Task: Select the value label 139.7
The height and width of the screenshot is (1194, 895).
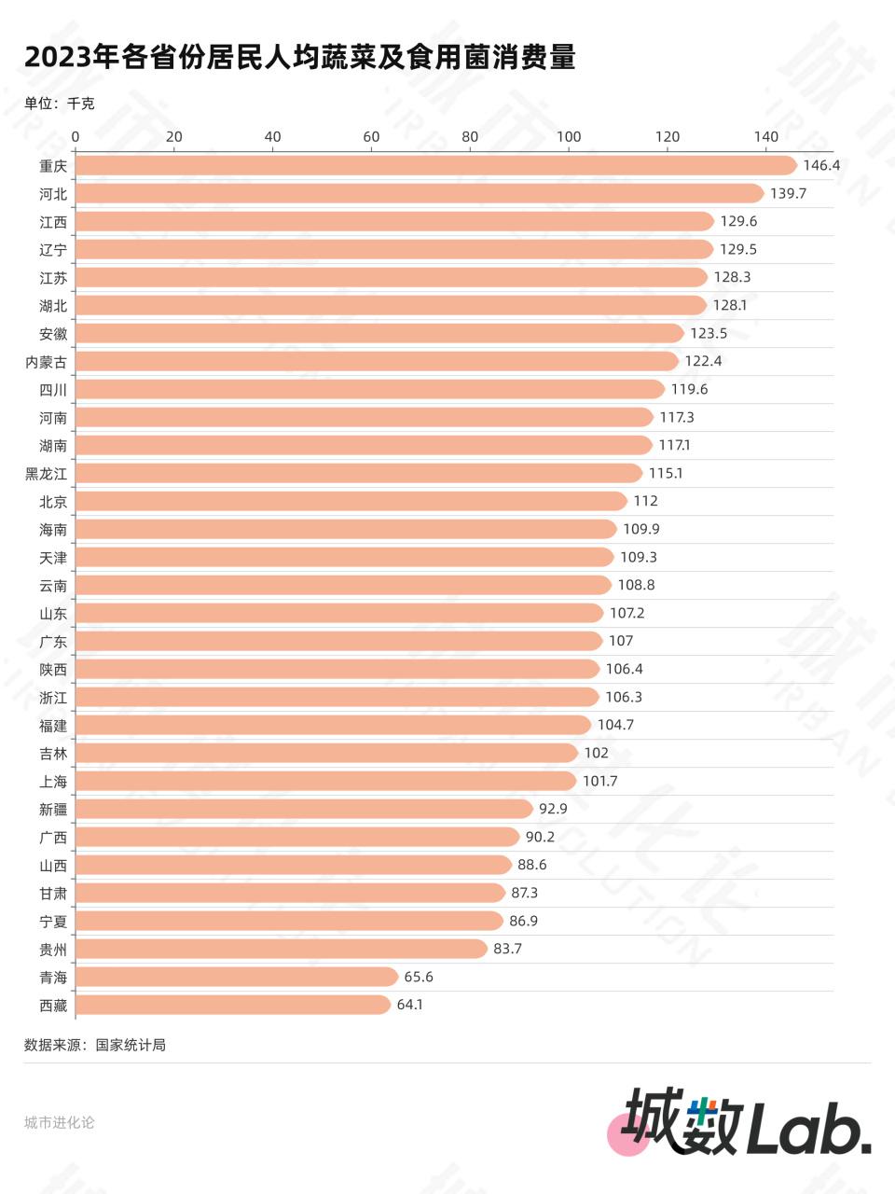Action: (x=788, y=193)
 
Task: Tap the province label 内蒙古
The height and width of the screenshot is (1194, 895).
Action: (x=46, y=362)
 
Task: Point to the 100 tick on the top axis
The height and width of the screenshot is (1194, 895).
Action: (x=569, y=137)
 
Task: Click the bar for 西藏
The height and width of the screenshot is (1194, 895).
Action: (x=232, y=1005)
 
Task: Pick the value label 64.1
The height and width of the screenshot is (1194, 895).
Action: (x=409, y=1005)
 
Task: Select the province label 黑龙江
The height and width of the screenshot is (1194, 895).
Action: (x=46, y=474)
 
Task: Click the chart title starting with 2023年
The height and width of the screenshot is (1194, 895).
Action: (x=299, y=57)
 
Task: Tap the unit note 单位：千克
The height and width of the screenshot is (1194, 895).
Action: (x=59, y=104)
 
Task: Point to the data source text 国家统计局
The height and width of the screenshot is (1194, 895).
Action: (x=131, y=1045)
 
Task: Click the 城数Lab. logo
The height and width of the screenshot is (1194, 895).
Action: (x=746, y=1122)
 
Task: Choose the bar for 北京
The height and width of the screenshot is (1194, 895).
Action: (x=351, y=501)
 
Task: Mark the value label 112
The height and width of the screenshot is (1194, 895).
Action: (x=645, y=501)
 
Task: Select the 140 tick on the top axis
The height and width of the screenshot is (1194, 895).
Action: (x=765, y=137)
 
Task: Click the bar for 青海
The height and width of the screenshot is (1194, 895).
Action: (x=237, y=977)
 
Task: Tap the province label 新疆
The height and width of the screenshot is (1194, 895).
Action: (x=53, y=810)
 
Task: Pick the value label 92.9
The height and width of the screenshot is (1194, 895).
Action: (x=553, y=809)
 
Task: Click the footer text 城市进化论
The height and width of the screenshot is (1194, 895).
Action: (x=59, y=1122)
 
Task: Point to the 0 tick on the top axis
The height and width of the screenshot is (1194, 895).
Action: (x=76, y=137)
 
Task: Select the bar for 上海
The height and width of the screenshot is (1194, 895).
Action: (x=325, y=781)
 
